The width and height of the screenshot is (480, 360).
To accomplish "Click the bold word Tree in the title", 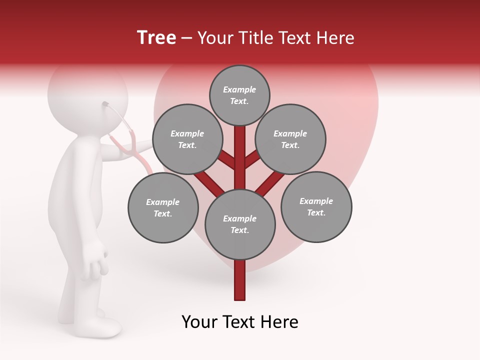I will (x=156, y=38).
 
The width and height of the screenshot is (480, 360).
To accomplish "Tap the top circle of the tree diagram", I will (x=239, y=95).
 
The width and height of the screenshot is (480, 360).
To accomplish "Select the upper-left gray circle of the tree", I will (x=187, y=139).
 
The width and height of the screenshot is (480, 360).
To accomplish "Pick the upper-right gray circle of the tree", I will (x=290, y=139).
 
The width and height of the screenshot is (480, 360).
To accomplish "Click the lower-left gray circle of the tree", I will (x=163, y=207).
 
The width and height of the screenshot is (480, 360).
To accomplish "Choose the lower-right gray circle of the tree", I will (x=316, y=206).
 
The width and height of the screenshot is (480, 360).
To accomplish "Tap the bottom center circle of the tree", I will (x=240, y=224).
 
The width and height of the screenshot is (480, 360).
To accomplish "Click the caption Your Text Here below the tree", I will (x=239, y=322).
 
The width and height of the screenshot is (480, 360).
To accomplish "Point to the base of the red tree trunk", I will (x=240, y=295).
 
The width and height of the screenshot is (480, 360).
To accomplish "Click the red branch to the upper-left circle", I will (x=228, y=161).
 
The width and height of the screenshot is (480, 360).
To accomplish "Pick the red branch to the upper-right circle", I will (x=252, y=160).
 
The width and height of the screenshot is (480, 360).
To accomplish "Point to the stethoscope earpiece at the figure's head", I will (x=106, y=104).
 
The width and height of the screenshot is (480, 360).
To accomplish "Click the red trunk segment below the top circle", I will (x=240, y=155).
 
